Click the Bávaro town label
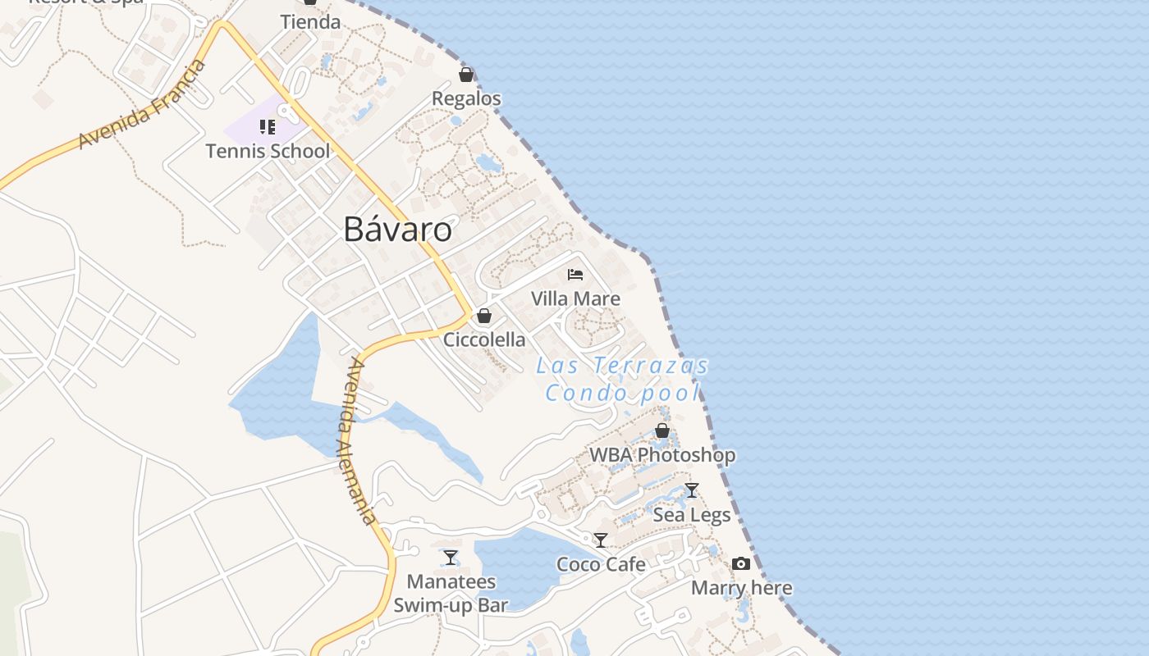[x=397, y=230]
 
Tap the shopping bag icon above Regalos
[x=466, y=75]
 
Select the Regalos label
[x=466, y=98]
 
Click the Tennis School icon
[x=268, y=126]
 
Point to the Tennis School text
[x=268, y=151]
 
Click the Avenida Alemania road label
[x=358, y=441]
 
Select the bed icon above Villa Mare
[x=575, y=274]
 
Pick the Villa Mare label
[x=575, y=298]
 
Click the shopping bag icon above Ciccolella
[x=484, y=316]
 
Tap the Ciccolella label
[x=484, y=339]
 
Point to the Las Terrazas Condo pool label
[x=622, y=379]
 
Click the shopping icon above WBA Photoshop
[x=662, y=430]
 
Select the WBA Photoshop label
[x=662, y=455]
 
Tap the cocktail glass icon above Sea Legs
[x=692, y=490]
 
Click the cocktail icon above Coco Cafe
[x=601, y=540]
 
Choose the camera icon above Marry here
[x=741, y=563]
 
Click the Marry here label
[x=741, y=588]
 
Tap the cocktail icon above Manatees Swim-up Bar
[x=451, y=558]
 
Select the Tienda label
[x=310, y=22]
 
